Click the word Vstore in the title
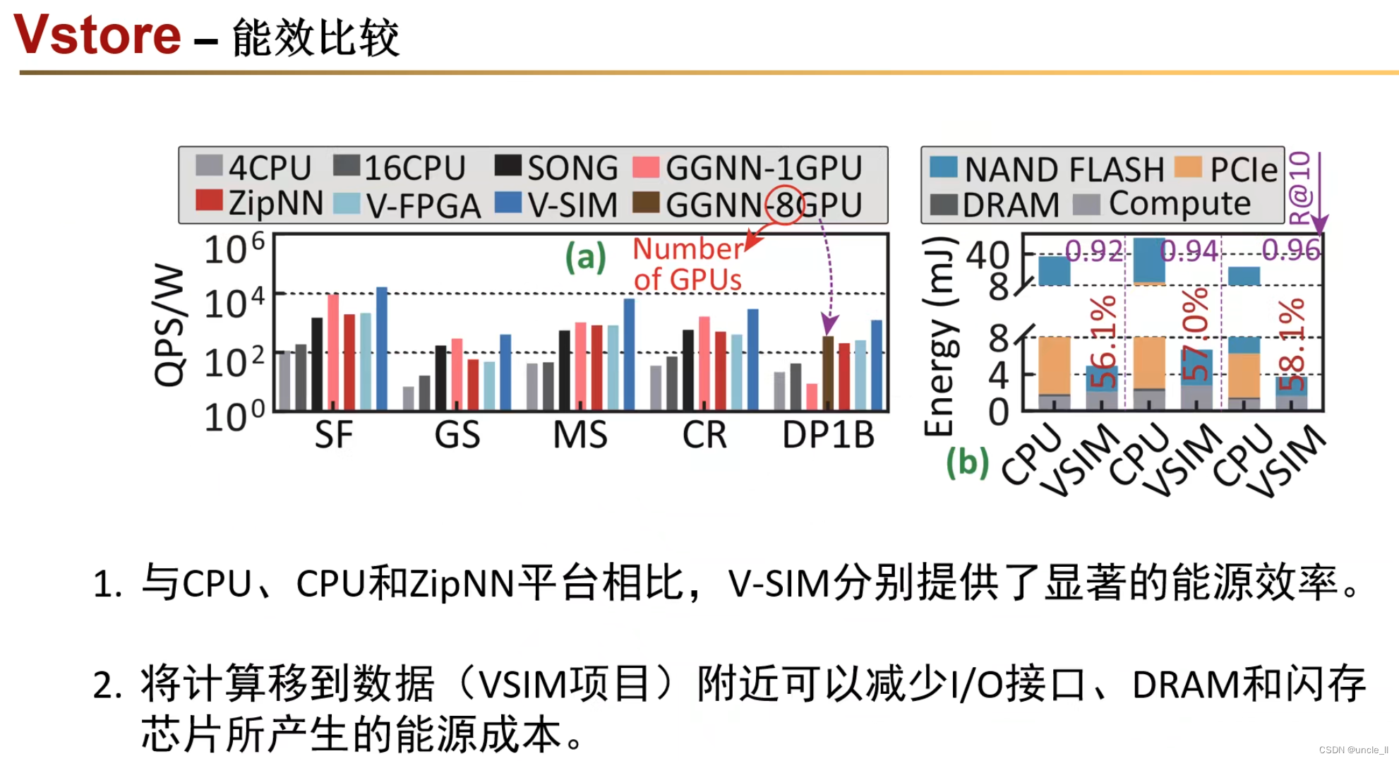(x=97, y=35)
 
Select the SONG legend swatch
(x=508, y=165)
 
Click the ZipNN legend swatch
(x=209, y=200)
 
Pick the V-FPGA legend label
(x=423, y=205)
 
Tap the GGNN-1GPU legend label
(x=764, y=168)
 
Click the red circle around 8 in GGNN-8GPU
(x=785, y=205)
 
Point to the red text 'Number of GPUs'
(x=687, y=264)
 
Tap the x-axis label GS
(x=457, y=435)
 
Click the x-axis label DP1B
(x=828, y=435)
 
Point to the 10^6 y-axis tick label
(x=234, y=249)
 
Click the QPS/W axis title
(x=169, y=325)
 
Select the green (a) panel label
(x=585, y=257)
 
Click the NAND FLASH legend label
(x=1064, y=169)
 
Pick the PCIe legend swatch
(x=1188, y=167)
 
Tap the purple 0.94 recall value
(x=1189, y=250)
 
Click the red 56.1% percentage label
(x=1103, y=342)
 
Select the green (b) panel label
(x=967, y=463)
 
